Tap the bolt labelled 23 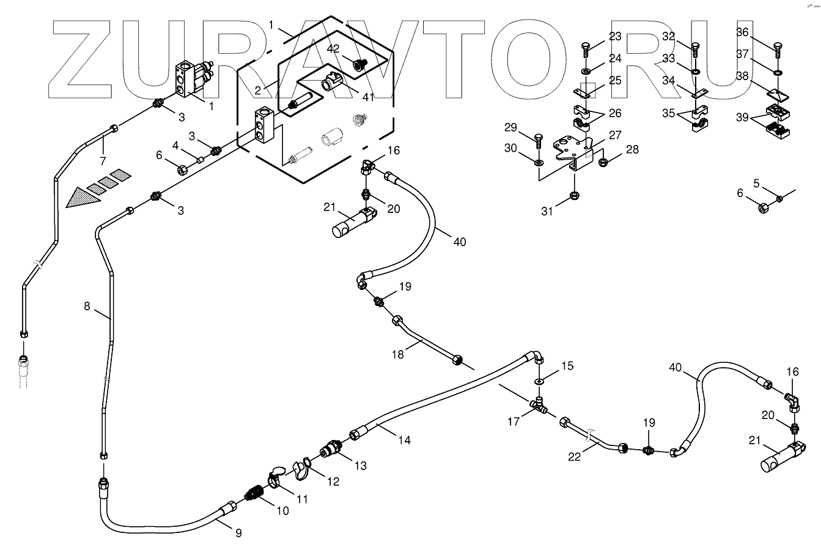[x=585, y=48]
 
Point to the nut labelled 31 [x=574, y=196]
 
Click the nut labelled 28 [x=602, y=163]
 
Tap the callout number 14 [x=403, y=439]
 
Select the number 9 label [x=238, y=533]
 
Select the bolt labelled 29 [x=538, y=140]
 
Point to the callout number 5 [x=756, y=183]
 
